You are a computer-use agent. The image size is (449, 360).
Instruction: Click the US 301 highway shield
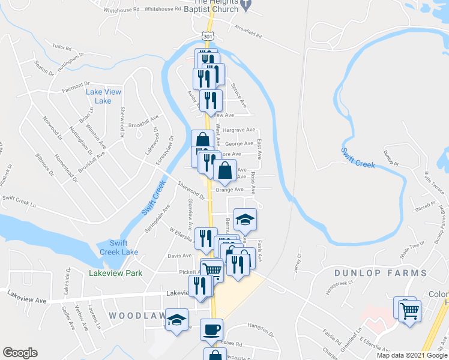pos(207,37)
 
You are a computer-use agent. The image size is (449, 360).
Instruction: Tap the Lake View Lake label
pos(103,96)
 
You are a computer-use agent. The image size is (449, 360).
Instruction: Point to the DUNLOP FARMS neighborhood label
pos(381,273)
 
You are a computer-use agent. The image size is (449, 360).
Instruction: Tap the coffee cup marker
pos(211,329)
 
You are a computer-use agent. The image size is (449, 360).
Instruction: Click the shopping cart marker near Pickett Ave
pos(212,269)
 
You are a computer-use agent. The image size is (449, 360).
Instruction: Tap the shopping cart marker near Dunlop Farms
pos(409,310)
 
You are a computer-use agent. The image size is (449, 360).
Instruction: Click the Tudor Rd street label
pos(62,46)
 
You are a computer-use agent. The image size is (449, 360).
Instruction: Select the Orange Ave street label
pos(229,189)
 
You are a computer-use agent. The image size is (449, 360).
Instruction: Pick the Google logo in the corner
pos(19,353)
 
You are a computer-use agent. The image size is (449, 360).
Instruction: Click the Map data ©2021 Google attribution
pos(412,355)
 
